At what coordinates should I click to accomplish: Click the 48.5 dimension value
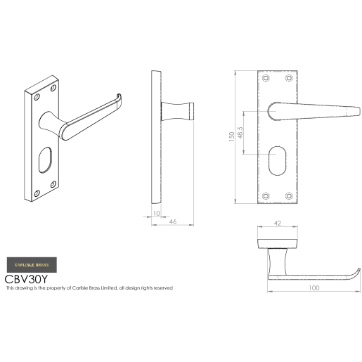point(241,133)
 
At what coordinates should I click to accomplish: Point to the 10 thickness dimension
point(156,213)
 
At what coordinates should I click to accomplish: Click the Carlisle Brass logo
point(31,264)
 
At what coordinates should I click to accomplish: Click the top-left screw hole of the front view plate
point(266,77)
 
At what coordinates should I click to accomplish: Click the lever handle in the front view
point(316,110)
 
